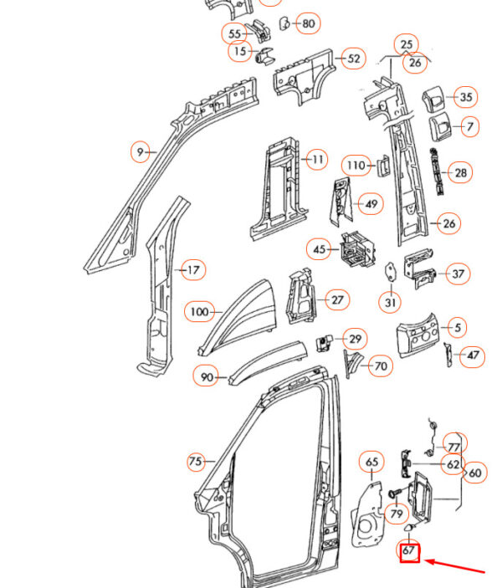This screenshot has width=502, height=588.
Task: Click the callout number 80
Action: [308, 23]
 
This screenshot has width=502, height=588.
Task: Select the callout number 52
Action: [354, 59]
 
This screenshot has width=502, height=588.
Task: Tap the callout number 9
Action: [140, 152]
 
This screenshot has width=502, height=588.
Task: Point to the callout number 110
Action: [356, 166]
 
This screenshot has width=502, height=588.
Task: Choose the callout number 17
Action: [193, 269]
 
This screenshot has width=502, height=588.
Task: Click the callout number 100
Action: [199, 312]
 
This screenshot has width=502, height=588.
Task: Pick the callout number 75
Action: [196, 461]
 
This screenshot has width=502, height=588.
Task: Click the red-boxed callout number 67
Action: [409, 551]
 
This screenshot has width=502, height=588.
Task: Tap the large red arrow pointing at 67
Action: [454, 566]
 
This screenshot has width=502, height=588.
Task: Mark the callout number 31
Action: [391, 302]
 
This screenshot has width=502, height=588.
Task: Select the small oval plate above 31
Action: [391, 271]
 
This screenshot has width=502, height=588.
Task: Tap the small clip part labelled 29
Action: [324, 343]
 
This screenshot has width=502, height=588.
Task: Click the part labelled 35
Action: [433, 98]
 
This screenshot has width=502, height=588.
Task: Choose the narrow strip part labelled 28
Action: [437, 171]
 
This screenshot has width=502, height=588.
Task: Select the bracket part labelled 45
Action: [356, 249]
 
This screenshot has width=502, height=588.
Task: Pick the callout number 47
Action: [473, 355]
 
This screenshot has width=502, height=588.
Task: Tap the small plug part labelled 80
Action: [284, 23]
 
